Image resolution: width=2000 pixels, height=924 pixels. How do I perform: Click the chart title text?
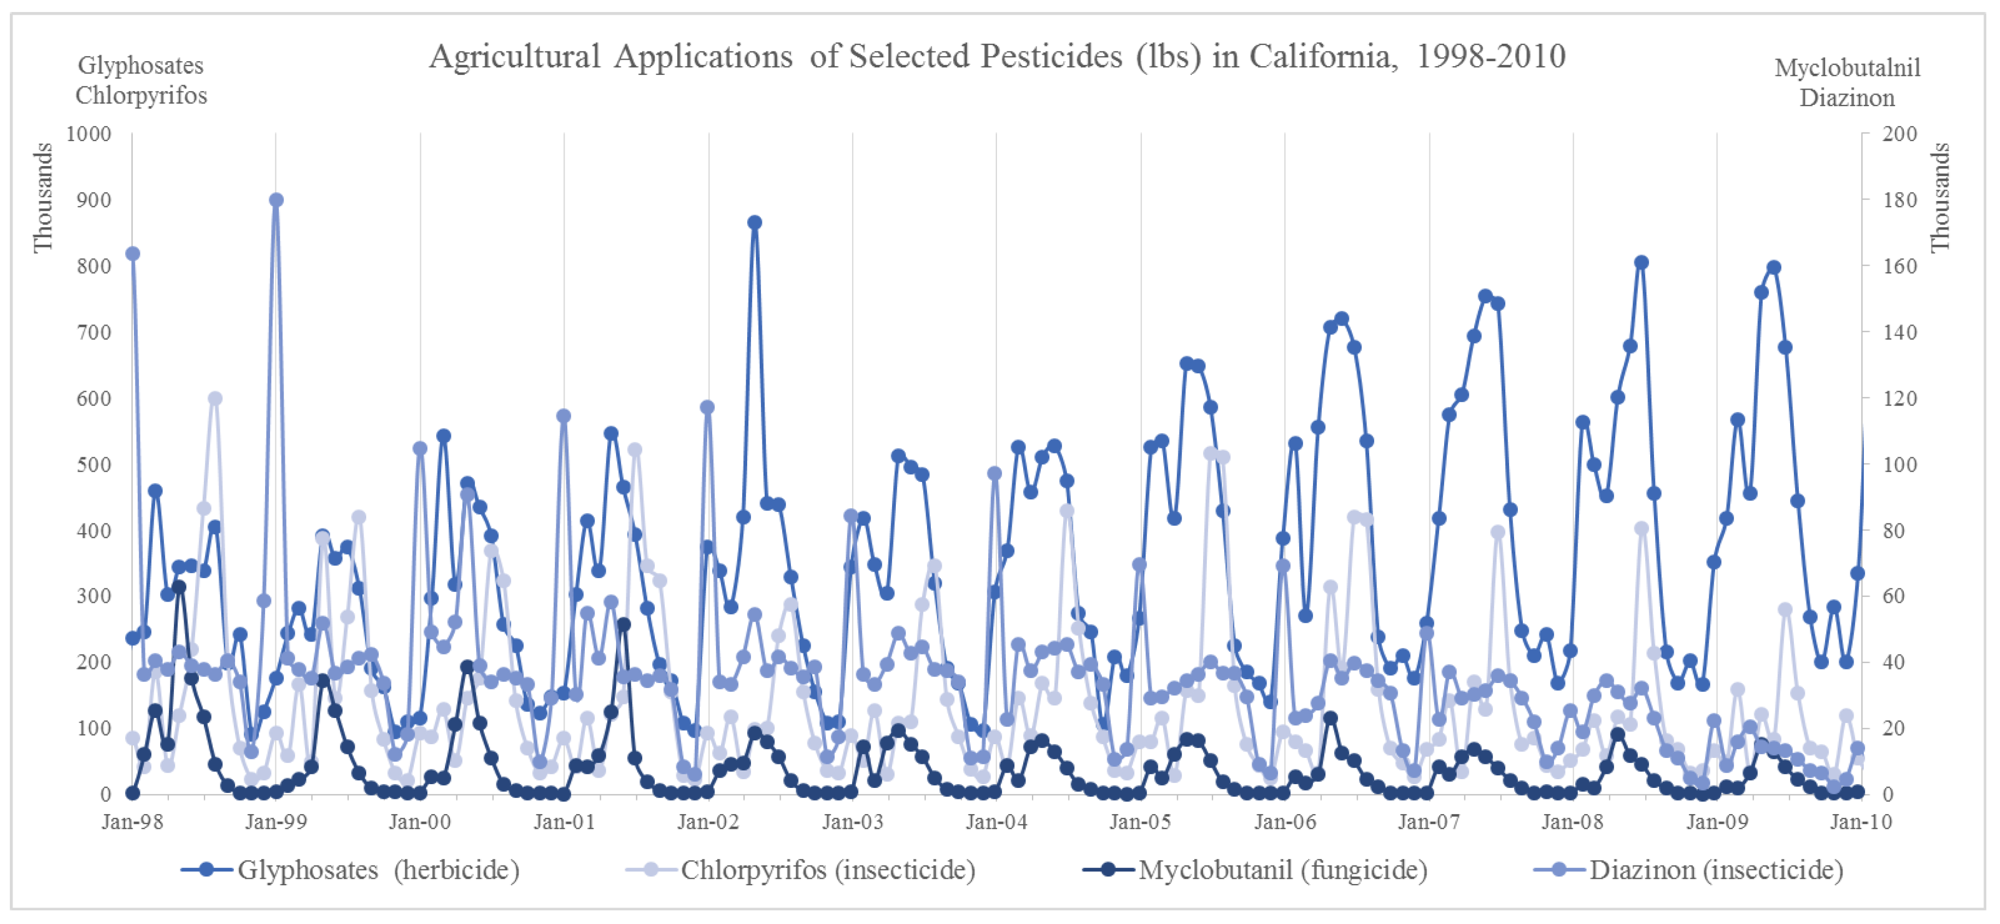pyautogui.click(x=997, y=57)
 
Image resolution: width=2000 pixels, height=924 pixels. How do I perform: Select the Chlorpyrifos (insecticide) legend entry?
pyautogui.click(x=828, y=870)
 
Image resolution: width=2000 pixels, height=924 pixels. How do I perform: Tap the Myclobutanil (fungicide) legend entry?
pyautogui.click(x=1283, y=870)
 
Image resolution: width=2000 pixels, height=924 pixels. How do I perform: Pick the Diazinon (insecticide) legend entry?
pyautogui.click(x=1716, y=870)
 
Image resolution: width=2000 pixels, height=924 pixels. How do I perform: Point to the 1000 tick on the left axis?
pyautogui.click(x=89, y=133)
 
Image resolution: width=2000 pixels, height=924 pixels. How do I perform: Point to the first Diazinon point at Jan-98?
pyautogui.click(x=133, y=254)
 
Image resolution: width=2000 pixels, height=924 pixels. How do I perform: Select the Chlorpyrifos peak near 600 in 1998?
pyautogui.click(x=215, y=398)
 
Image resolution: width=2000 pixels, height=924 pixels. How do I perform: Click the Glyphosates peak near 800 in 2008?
pyautogui.click(x=1641, y=262)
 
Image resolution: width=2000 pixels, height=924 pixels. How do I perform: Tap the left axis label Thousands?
pyautogui.click(x=43, y=198)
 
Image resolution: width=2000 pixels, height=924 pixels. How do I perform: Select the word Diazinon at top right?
pyautogui.click(x=1846, y=98)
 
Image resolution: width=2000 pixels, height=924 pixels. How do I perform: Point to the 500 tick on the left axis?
pyautogui.click(x=94, y=464)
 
